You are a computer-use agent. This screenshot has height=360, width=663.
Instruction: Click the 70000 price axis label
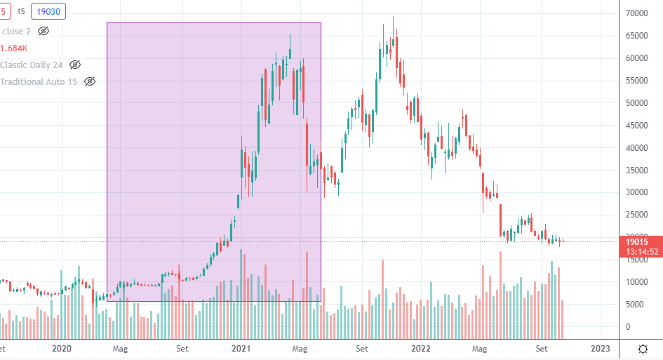tap(636, 13)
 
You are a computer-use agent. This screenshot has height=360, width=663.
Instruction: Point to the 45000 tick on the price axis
tap(636, 126)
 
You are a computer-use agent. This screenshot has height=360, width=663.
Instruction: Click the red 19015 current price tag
tap(641, 242)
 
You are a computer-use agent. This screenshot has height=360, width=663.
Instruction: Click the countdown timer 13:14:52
tap(641, 253)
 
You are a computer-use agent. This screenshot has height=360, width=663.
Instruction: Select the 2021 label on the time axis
tap(241, 348)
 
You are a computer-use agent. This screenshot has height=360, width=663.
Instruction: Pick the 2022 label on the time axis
tap(420, 348)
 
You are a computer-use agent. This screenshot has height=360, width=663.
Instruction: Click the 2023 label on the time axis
tap(600, 348)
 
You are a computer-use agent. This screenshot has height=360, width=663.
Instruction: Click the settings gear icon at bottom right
tap(643, 349)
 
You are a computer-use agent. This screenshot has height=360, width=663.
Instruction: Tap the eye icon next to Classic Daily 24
tap(75, 65)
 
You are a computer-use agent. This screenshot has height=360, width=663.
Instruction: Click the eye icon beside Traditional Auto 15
tap(90, 82)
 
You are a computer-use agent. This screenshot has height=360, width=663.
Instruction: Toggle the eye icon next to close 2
tap(43, 32)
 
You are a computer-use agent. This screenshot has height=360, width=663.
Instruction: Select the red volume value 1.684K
tap(14, 48)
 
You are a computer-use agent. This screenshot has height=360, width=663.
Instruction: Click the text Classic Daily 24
tap(32, 65)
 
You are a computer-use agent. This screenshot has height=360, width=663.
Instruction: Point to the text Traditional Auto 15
tap(39, 82)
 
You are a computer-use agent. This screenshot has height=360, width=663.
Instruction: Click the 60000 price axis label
tap(636, 58)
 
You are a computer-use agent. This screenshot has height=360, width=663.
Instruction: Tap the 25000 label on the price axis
tap(636, 215)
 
